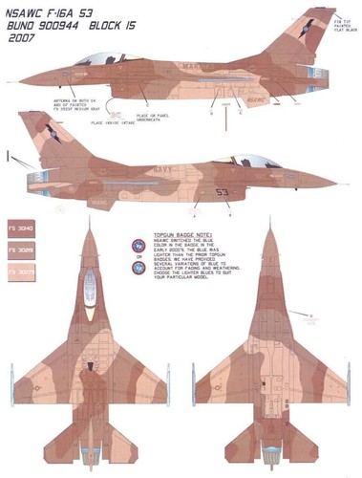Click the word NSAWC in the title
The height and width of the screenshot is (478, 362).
tap(28, 11)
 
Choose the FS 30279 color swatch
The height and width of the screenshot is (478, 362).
tap(22, 272)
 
